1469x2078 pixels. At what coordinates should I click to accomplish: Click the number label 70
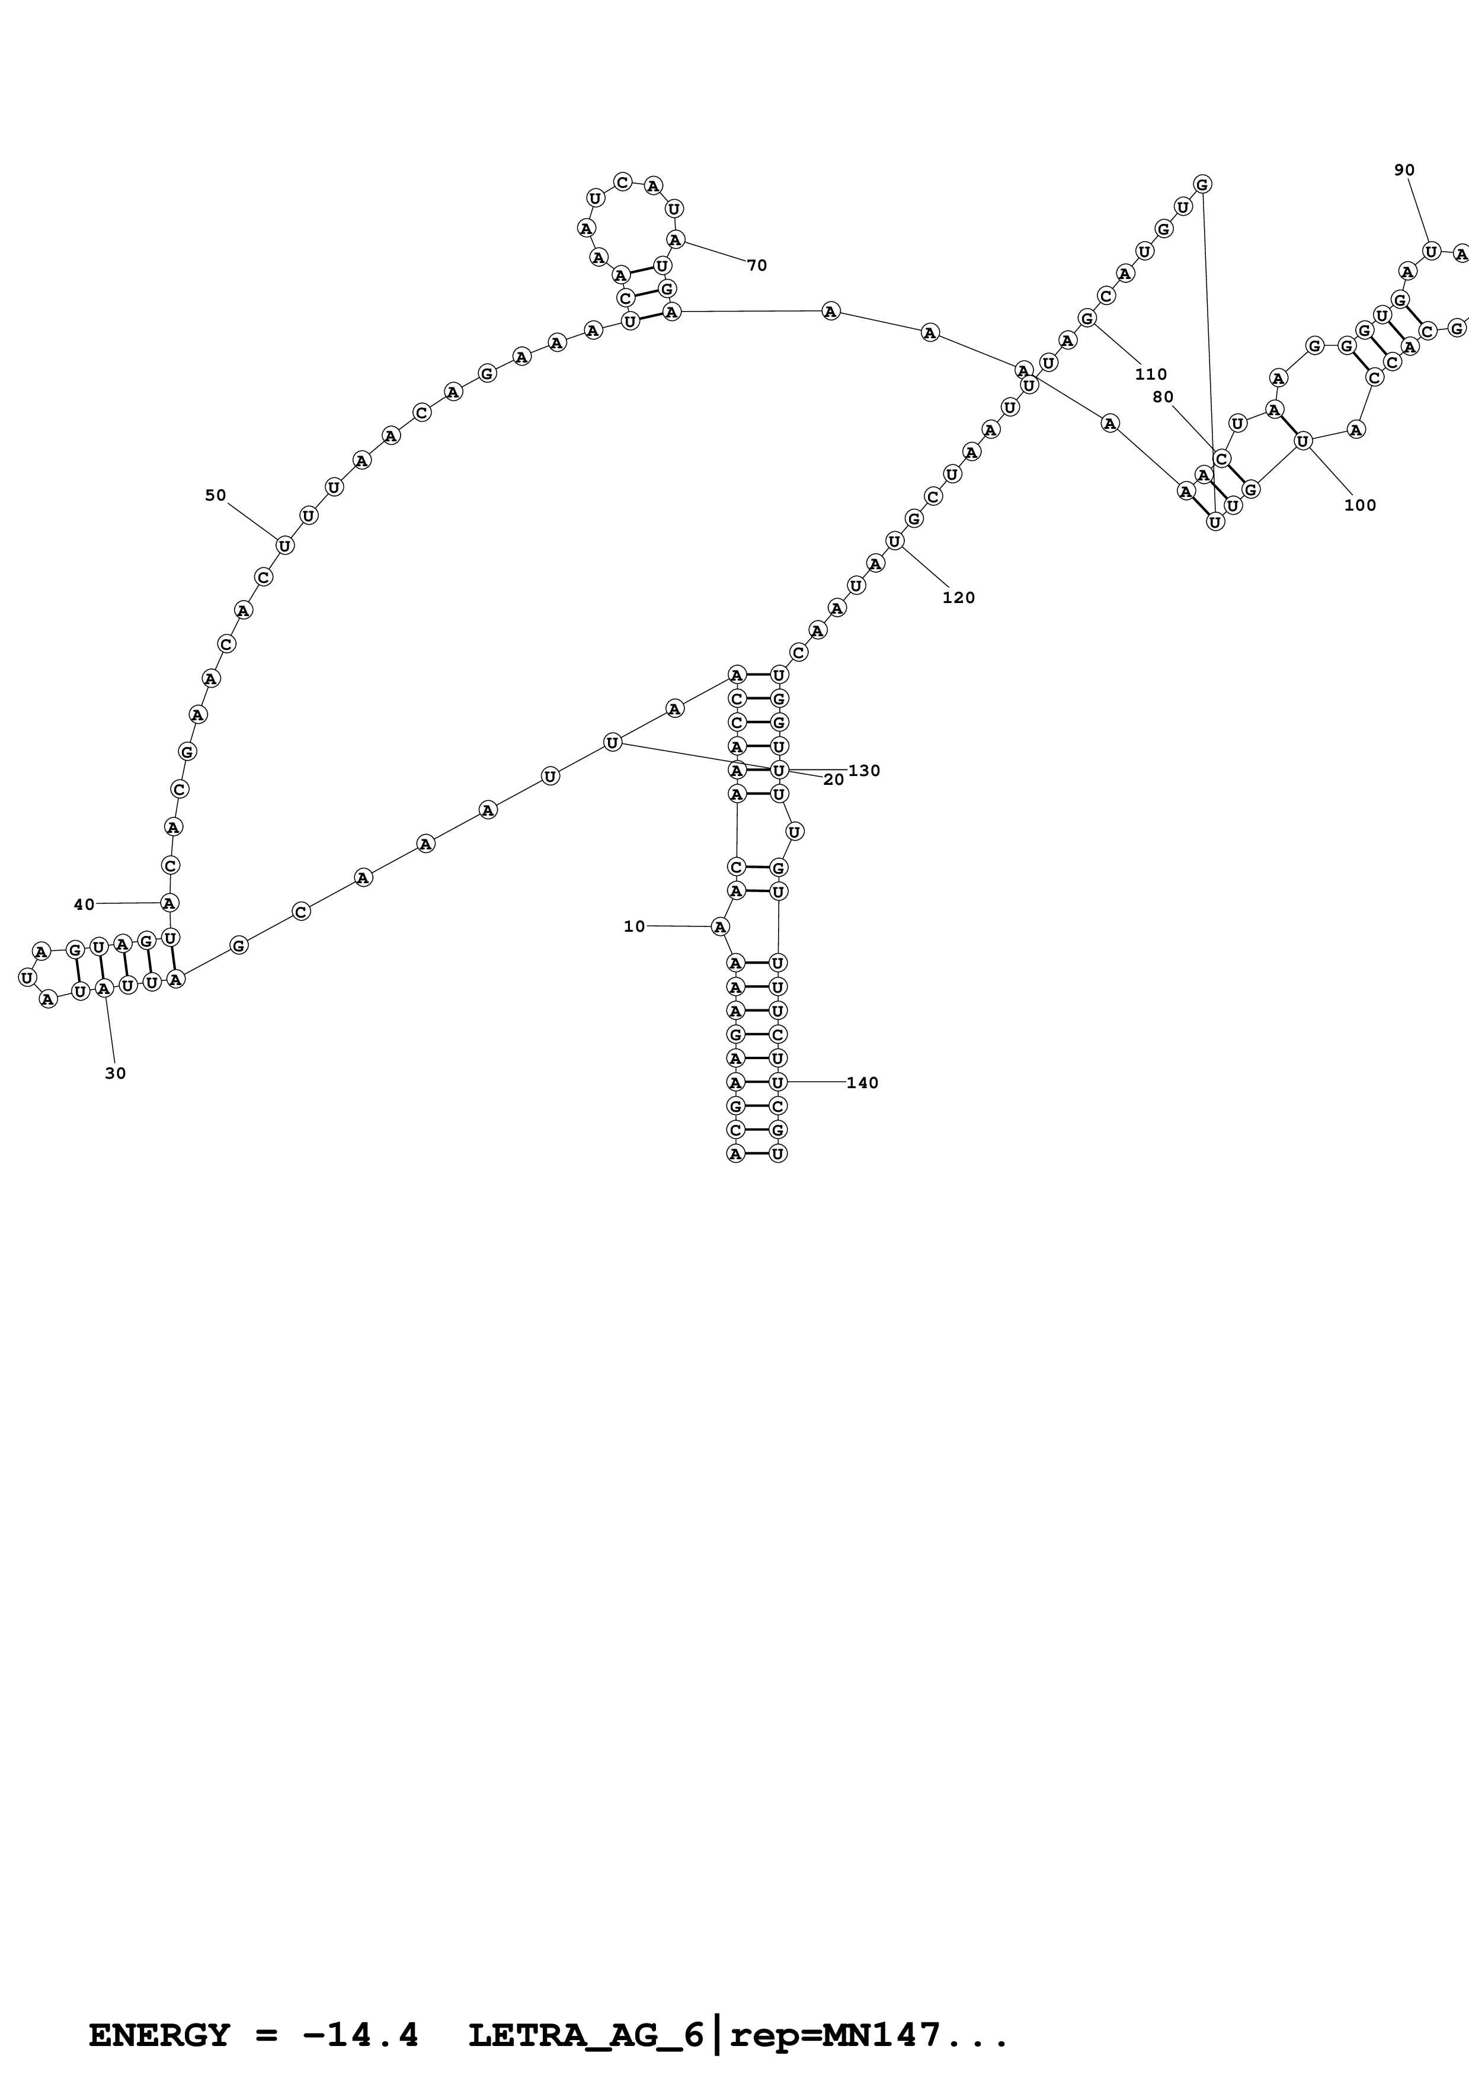(x=757, y=265)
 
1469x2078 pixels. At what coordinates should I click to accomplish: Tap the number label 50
(x=216, y=495)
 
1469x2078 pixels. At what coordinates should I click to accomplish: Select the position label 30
(x=115, y=1073)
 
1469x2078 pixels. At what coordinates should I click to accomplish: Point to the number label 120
(x=959, y=597)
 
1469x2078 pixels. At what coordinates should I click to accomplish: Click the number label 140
(x=862, y=1082)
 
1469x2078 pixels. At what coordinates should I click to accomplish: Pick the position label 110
(x=1150, y=374)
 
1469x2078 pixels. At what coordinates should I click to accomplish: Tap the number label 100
(x=1359, y=505)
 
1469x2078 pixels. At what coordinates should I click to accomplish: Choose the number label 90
(x=1404, y=170)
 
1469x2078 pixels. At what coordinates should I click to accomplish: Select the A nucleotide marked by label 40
(x=169, y=902)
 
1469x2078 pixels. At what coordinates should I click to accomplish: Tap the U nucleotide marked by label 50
(x=284, y=546)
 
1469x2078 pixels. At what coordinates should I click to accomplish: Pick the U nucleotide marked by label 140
(x=777, y=1082)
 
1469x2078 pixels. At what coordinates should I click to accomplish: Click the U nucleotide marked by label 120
(x=894, y=541)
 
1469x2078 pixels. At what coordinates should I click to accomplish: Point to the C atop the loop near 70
(x=622, y=182)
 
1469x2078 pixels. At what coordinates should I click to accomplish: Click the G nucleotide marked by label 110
(x=1087, y=318)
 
